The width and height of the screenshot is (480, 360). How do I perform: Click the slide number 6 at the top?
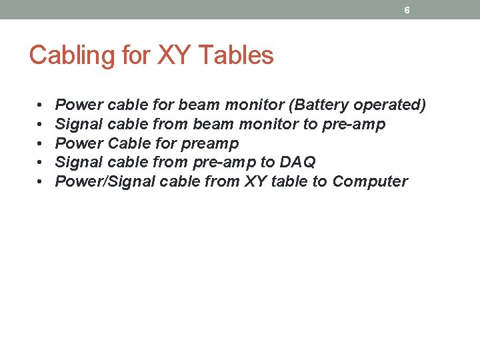coord(407,11)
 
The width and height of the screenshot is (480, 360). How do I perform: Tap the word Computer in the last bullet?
coord(370,182)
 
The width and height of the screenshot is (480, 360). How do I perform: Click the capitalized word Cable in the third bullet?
coord(129,143)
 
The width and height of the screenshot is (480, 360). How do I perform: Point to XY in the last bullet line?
coord(255,182)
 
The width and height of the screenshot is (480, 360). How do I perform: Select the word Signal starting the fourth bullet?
coord(78,163)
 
